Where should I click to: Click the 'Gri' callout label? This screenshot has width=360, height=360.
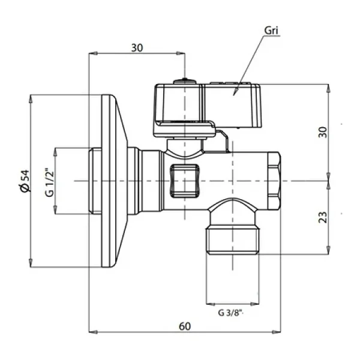[x=271, y=31]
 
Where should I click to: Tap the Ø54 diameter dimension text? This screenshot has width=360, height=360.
[x=25, y=181]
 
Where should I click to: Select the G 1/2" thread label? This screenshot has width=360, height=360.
[x=50, y=182]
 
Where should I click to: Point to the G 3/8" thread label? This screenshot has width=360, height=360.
[x=230, y=313]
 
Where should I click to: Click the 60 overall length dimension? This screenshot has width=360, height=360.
[x=185, y=326]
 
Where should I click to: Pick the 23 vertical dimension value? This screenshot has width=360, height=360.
[x=323, y=217]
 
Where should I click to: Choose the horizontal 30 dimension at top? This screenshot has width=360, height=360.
[x=137, y=48]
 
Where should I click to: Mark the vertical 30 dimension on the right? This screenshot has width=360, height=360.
[x=323, y=132]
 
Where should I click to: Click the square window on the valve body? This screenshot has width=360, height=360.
[x=184, y=181]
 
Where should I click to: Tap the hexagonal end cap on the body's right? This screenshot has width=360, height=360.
[x=274, y=181]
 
